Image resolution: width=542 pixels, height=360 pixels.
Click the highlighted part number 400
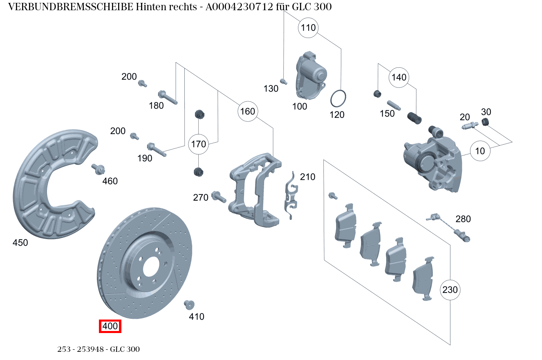point(110,326)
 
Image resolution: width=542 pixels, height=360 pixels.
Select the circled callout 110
point(309,28)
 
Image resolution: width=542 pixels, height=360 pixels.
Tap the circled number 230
point(450,290)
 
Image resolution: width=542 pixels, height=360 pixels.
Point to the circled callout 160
point(247,111)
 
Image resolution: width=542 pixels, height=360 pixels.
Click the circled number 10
point(480,151)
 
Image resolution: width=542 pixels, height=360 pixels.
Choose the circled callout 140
point(399,77)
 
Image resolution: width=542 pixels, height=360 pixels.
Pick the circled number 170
point(199,144)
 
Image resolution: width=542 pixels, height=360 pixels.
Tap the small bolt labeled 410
point(189,304)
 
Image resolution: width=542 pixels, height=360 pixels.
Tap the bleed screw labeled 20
point(470,126)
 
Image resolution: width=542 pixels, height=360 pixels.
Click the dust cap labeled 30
point(486,122)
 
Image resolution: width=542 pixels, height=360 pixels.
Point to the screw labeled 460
point(99,168)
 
